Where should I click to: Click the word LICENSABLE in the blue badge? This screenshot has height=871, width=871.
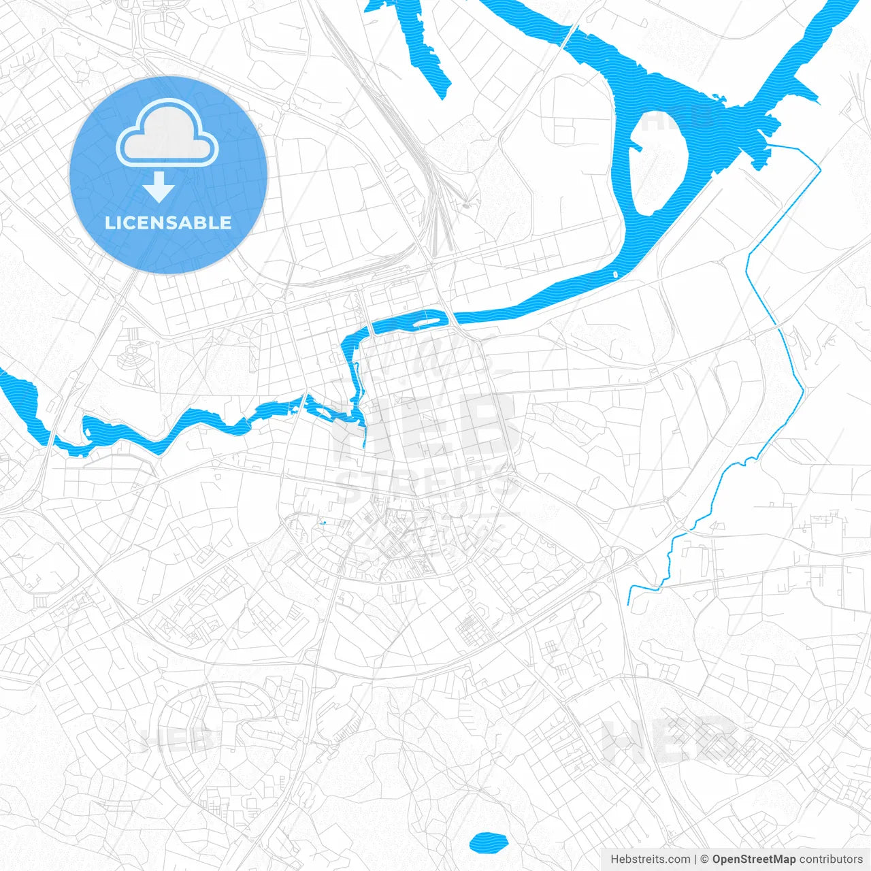(168, 223)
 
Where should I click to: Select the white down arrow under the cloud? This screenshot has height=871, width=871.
(159, 187)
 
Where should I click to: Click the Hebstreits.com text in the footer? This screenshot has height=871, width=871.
(651, 859)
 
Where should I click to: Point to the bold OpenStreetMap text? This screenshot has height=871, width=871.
(754, 859)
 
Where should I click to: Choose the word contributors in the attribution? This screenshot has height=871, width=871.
(831, 859)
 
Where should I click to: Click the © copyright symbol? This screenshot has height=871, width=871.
(705, 859)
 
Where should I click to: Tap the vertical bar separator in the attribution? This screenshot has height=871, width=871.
(695, 859)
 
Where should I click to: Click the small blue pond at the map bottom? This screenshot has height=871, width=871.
(489, 842)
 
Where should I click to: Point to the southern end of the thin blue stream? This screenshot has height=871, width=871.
(629, 603)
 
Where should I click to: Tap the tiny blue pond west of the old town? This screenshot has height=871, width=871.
(322, 523)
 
